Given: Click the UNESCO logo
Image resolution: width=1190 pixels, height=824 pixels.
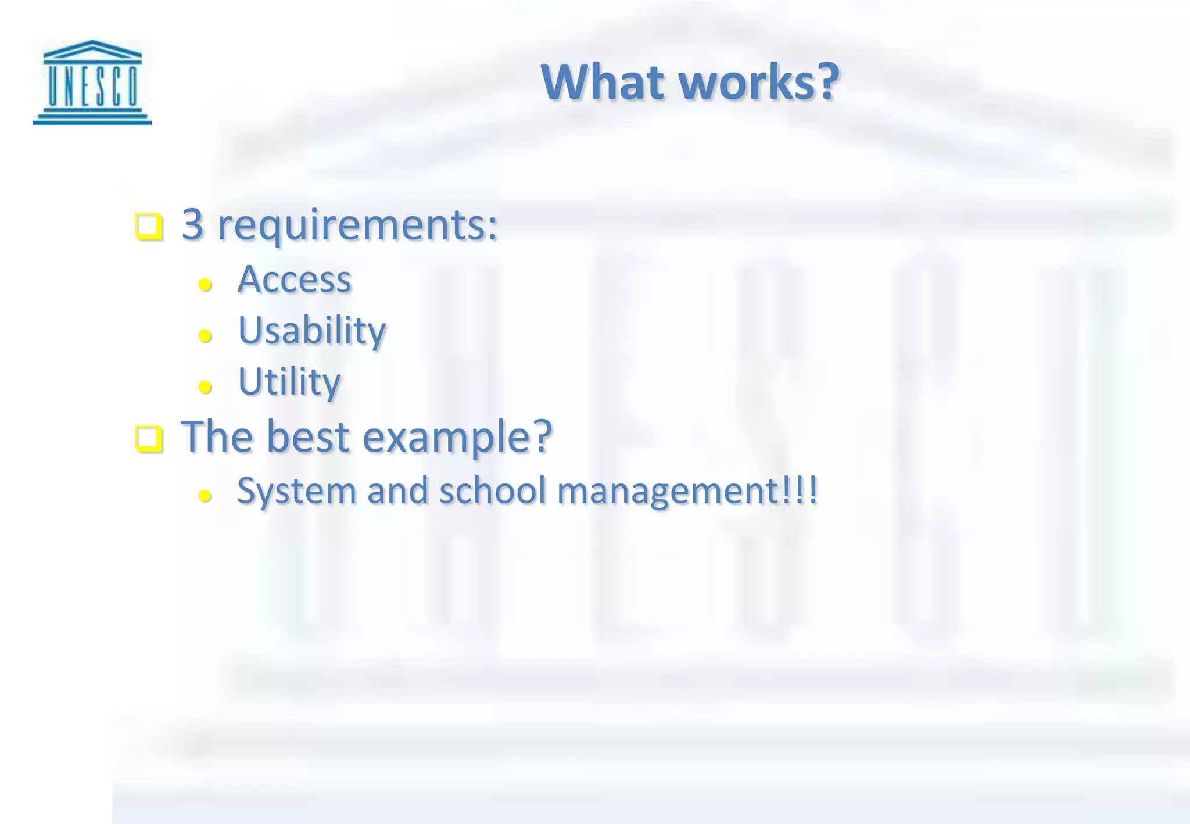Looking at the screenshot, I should click(x=92, y=82).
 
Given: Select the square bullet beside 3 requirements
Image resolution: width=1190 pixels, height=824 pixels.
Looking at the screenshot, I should click(x=149, y=227).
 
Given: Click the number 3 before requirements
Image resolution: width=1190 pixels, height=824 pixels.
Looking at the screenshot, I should click(x=193, y=224).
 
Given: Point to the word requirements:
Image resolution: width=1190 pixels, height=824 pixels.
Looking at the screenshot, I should click(x=357, y=225).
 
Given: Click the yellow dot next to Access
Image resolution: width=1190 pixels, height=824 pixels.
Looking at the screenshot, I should click(x=205, y=285).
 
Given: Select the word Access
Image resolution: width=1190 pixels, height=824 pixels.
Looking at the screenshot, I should click(x=295, y=280).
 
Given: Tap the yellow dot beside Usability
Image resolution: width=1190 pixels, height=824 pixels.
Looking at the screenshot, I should click(x=205, y=335).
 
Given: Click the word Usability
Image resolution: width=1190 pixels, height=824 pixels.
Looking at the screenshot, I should click(x=312, y=331).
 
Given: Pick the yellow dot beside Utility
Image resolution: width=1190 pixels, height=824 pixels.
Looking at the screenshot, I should click(x=205, y=386).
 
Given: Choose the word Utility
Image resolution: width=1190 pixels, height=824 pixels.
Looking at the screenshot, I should click(x=289, y=382).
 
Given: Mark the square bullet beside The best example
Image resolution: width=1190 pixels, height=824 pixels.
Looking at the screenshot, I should click(x=149, y=439).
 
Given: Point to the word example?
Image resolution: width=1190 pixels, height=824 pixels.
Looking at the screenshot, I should click(x=457, y=438).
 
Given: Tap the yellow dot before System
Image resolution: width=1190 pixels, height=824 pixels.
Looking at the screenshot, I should click(x=205, y=496).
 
